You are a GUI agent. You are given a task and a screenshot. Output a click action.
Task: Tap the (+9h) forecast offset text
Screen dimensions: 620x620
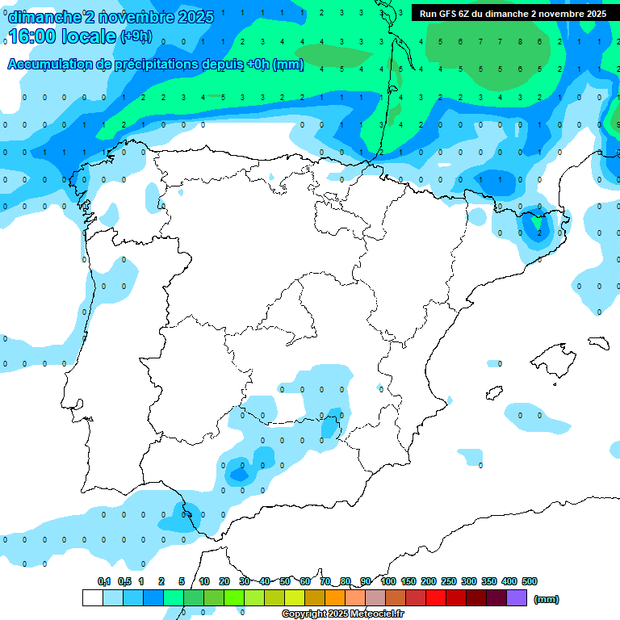pos(136,36)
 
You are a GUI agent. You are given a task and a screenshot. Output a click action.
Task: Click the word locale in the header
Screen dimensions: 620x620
pos(87,36)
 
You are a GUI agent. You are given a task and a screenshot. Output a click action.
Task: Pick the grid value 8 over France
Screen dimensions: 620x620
pos(519,42)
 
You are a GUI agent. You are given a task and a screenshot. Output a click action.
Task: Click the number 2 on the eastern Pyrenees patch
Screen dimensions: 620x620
pos(539,232)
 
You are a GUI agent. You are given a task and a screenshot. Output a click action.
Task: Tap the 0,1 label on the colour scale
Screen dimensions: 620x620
pos(103,581)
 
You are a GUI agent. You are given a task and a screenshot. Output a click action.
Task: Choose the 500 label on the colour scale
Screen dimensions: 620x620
pos(530,581)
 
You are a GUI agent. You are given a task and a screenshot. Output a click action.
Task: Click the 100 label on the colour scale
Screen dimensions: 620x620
pos(388,581)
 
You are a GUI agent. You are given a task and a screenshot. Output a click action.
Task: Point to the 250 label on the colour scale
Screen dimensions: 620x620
pos(449,581)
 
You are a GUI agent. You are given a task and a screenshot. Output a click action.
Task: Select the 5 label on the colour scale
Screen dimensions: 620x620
pos(182,581)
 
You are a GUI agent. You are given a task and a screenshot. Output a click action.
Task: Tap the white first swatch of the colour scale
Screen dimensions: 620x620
pos(92,597)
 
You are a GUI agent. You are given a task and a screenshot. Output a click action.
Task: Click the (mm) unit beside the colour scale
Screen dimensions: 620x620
pos(547,599)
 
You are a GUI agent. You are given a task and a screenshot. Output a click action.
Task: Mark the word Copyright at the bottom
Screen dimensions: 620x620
pos(304,614)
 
